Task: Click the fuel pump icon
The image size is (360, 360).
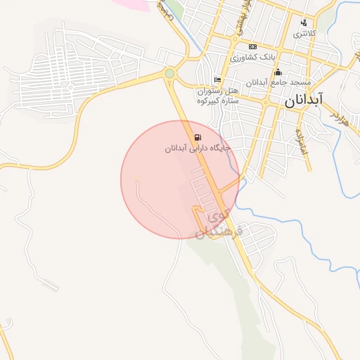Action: (x=196, y=136)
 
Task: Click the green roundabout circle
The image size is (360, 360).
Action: (x=169, y=73)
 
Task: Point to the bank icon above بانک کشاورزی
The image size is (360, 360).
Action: (x=252, y=46)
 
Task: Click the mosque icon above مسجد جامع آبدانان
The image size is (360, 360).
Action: (x=278, y=72)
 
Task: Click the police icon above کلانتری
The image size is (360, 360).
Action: (x=304, y=22)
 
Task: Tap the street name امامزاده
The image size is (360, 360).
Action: (x=298, y=141)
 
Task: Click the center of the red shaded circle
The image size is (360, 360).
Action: (x=180, y=179)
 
